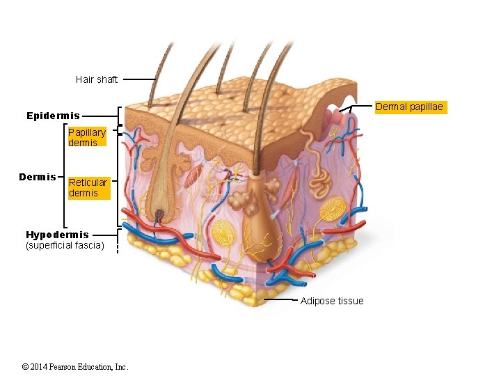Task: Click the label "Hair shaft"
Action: (96, 79)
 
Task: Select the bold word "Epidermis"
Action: (53, 116)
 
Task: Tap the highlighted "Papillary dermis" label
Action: (87, 137)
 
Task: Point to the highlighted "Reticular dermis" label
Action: (88, 187)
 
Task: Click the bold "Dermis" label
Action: (38, 177)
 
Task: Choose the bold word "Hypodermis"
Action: (57, 235)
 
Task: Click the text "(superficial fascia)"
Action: (64, 245)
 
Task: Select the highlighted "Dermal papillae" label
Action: (409, 107)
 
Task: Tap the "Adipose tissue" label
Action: (332, 301)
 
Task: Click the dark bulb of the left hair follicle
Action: (161, 214)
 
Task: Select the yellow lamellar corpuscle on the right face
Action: (332, 209)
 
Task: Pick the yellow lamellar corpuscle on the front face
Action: (225, 235)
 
